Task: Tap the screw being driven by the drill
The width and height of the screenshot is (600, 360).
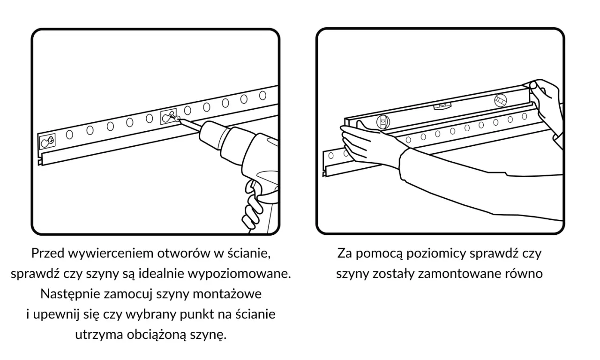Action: coord(174,119)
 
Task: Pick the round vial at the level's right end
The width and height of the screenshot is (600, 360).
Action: coord(500,99)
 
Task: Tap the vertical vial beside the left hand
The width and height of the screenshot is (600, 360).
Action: coord(383,122)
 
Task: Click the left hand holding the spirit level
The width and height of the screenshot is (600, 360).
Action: coord(366,141)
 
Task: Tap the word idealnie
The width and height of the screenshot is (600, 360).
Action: coord(187,274)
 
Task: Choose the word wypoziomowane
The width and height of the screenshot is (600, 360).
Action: coord(251,274)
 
